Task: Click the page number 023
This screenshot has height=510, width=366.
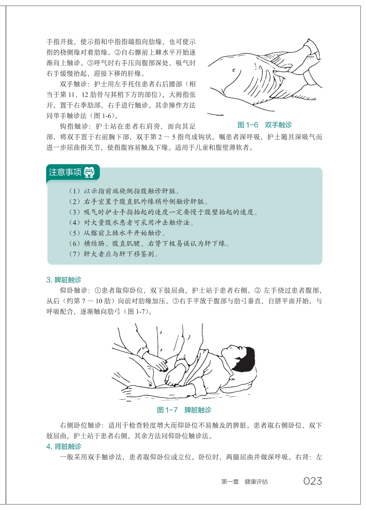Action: point(312,481)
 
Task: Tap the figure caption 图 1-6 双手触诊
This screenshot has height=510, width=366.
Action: point(264,125)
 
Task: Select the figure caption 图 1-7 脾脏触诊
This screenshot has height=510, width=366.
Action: point(184,410)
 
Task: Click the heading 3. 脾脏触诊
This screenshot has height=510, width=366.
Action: point(64,280)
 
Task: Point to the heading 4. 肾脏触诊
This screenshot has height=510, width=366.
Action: point(64,446)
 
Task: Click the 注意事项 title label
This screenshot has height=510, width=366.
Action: point(65,172)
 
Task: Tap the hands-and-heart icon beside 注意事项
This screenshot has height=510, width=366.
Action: point(89,172)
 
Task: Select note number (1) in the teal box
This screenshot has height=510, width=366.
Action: point(75,191)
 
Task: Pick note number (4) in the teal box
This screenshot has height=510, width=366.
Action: point(75,222)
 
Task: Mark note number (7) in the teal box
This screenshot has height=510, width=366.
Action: point(75,254)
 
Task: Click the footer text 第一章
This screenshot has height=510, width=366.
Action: point(230,481)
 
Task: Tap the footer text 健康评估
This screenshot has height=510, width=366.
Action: point(256,481)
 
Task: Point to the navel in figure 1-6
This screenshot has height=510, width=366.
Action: point(234,70)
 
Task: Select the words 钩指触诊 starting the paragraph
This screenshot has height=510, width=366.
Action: point(74,126)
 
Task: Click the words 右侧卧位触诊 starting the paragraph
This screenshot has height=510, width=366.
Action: point(80,425)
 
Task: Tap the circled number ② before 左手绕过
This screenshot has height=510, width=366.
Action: point(258,290)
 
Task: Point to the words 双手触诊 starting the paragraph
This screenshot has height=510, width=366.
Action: point(74,84)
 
